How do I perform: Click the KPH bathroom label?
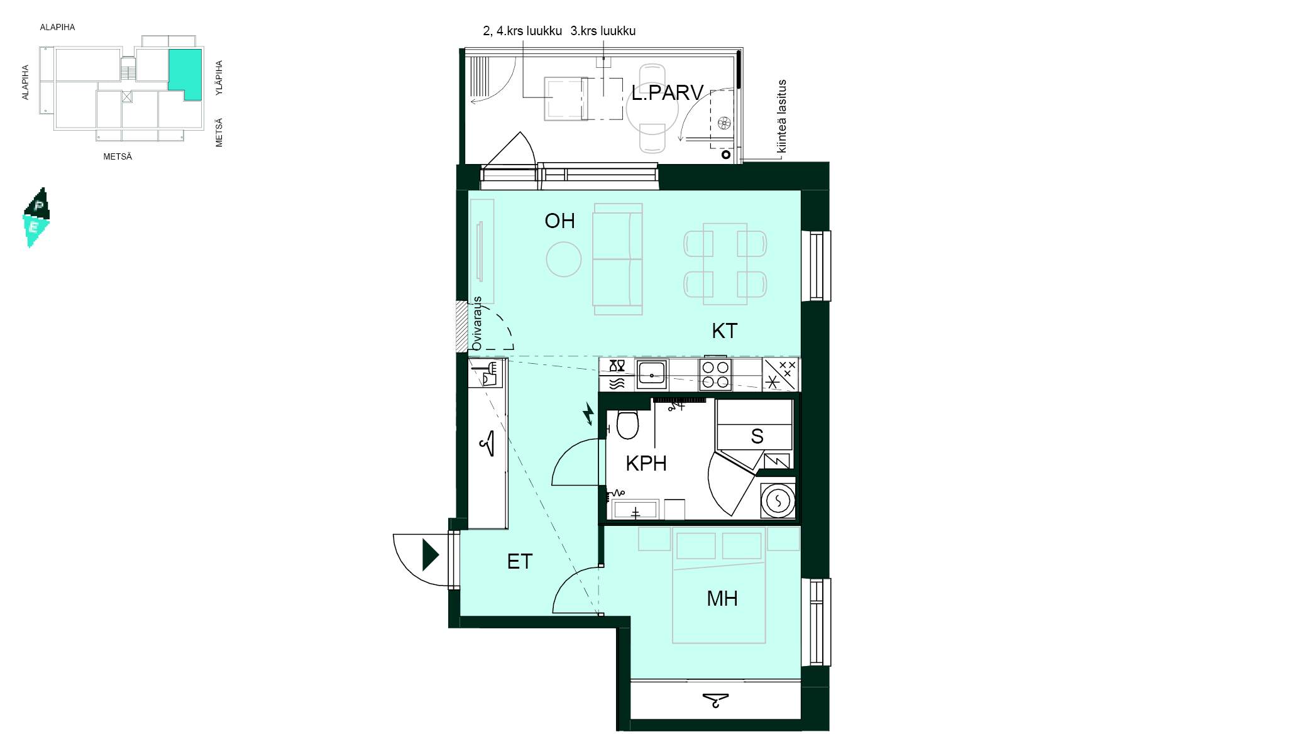[x=646, y=464]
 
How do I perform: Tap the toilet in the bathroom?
[x=627, y=425]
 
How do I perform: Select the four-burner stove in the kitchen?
[x=715, y=374]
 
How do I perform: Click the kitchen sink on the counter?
[x=652, y=374]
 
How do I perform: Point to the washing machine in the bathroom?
[x=778, y=501]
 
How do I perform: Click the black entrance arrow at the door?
[x=431, y=555]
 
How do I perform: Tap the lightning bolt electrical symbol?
[x=589, y=413]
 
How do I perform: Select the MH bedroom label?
[x=722, y=598]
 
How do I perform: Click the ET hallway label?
[x=520, y=561]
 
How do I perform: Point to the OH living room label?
[x=559, y=221]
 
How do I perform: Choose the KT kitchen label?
[x=724, y=331]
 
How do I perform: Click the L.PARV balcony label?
[x=667, y=93]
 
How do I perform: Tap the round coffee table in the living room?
[x=564, y=260]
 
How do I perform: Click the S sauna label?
[x=757, y=436]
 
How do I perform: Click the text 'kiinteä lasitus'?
[x=782, y=116]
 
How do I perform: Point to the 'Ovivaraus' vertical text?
[x=476, y=324]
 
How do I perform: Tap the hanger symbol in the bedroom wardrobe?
[x=715, y=699]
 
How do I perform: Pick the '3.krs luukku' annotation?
[x=603, y=31]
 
